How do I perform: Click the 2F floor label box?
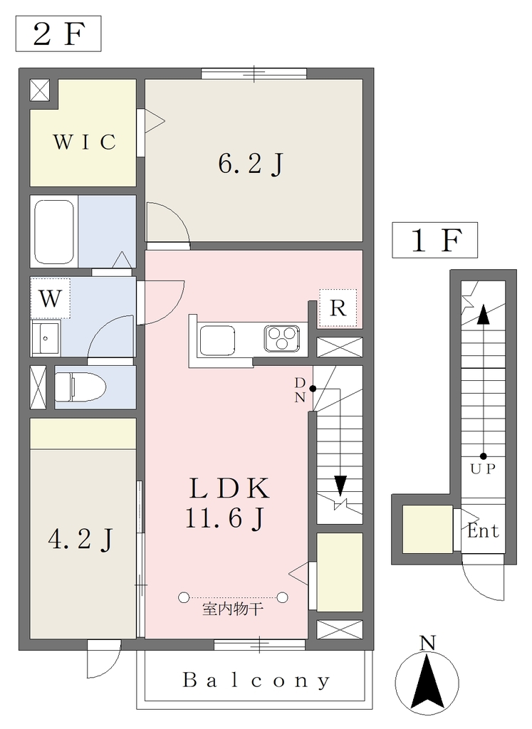[x=58, y=33]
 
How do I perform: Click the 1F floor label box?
[x=435, y=240]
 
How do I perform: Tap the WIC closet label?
[x=84, y=142]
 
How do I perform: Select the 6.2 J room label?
[x=251, y=164]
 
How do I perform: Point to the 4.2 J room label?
[x=80, y=540]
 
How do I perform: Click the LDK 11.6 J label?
[x=226, y=503]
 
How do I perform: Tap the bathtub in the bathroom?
[x=54, y=231]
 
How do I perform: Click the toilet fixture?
[x=80, y=387]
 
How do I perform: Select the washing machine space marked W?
[x=51, y=298]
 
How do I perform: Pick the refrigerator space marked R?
[x=338, y=308]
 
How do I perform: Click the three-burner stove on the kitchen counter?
[x=282, y=338]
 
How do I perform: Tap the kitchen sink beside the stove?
[x=217, y=341]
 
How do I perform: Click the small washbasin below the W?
[x=46, y=338]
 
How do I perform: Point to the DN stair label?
[x=300, y=390]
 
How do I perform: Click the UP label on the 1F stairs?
[x=483, y=468]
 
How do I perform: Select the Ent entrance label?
[x=483, y=530]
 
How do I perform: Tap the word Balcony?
[x=256, y=681]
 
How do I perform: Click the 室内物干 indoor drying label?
[x=233, y=609]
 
